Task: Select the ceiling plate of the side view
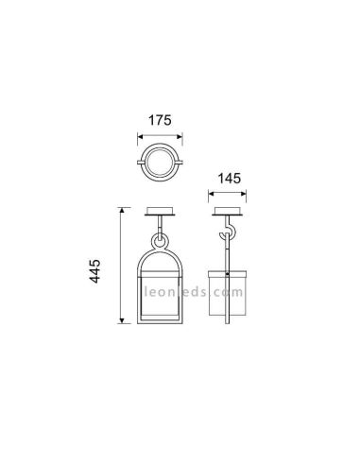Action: pyautogui.click(x=228, y=211)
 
